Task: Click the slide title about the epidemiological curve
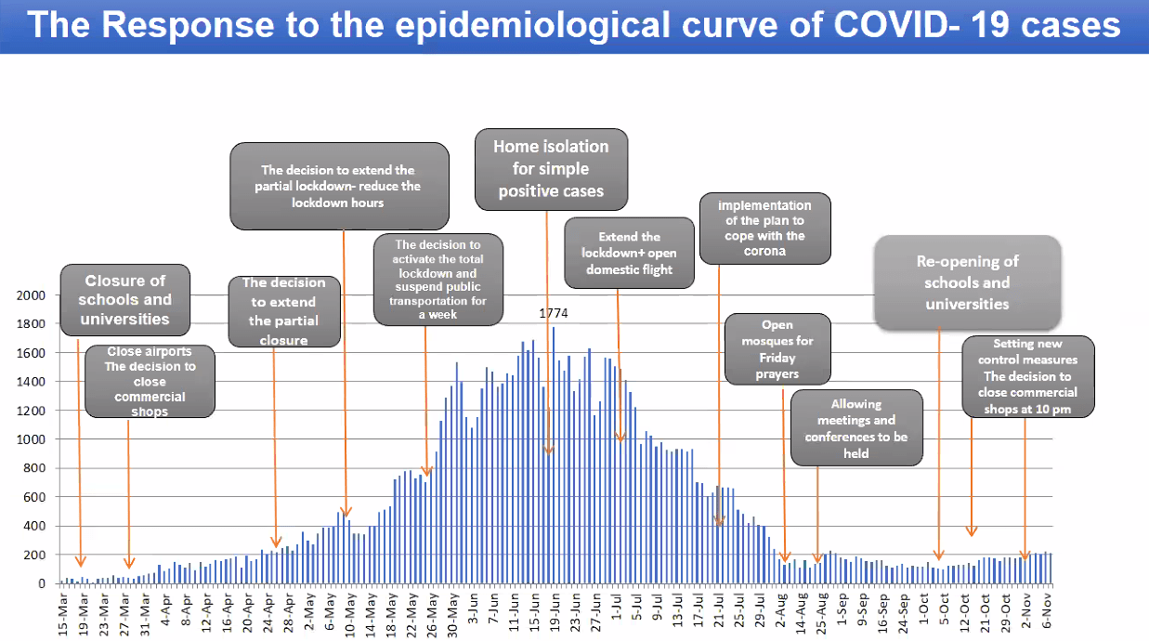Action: [574, 25]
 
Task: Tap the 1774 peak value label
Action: [554, 313]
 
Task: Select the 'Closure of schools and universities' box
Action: [125, 299]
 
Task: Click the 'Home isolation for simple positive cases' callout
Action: [551, 169]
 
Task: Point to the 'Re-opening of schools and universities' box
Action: [967, 282]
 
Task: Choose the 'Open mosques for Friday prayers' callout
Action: [777, 349]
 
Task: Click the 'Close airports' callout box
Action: [149, 381]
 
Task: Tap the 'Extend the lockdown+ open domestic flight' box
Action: [630, 253]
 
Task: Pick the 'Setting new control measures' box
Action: [1027, 375]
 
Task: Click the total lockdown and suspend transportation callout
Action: [441, 280]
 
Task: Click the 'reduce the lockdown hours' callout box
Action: [339, 185]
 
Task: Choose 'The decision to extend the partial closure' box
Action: [283, 311]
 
